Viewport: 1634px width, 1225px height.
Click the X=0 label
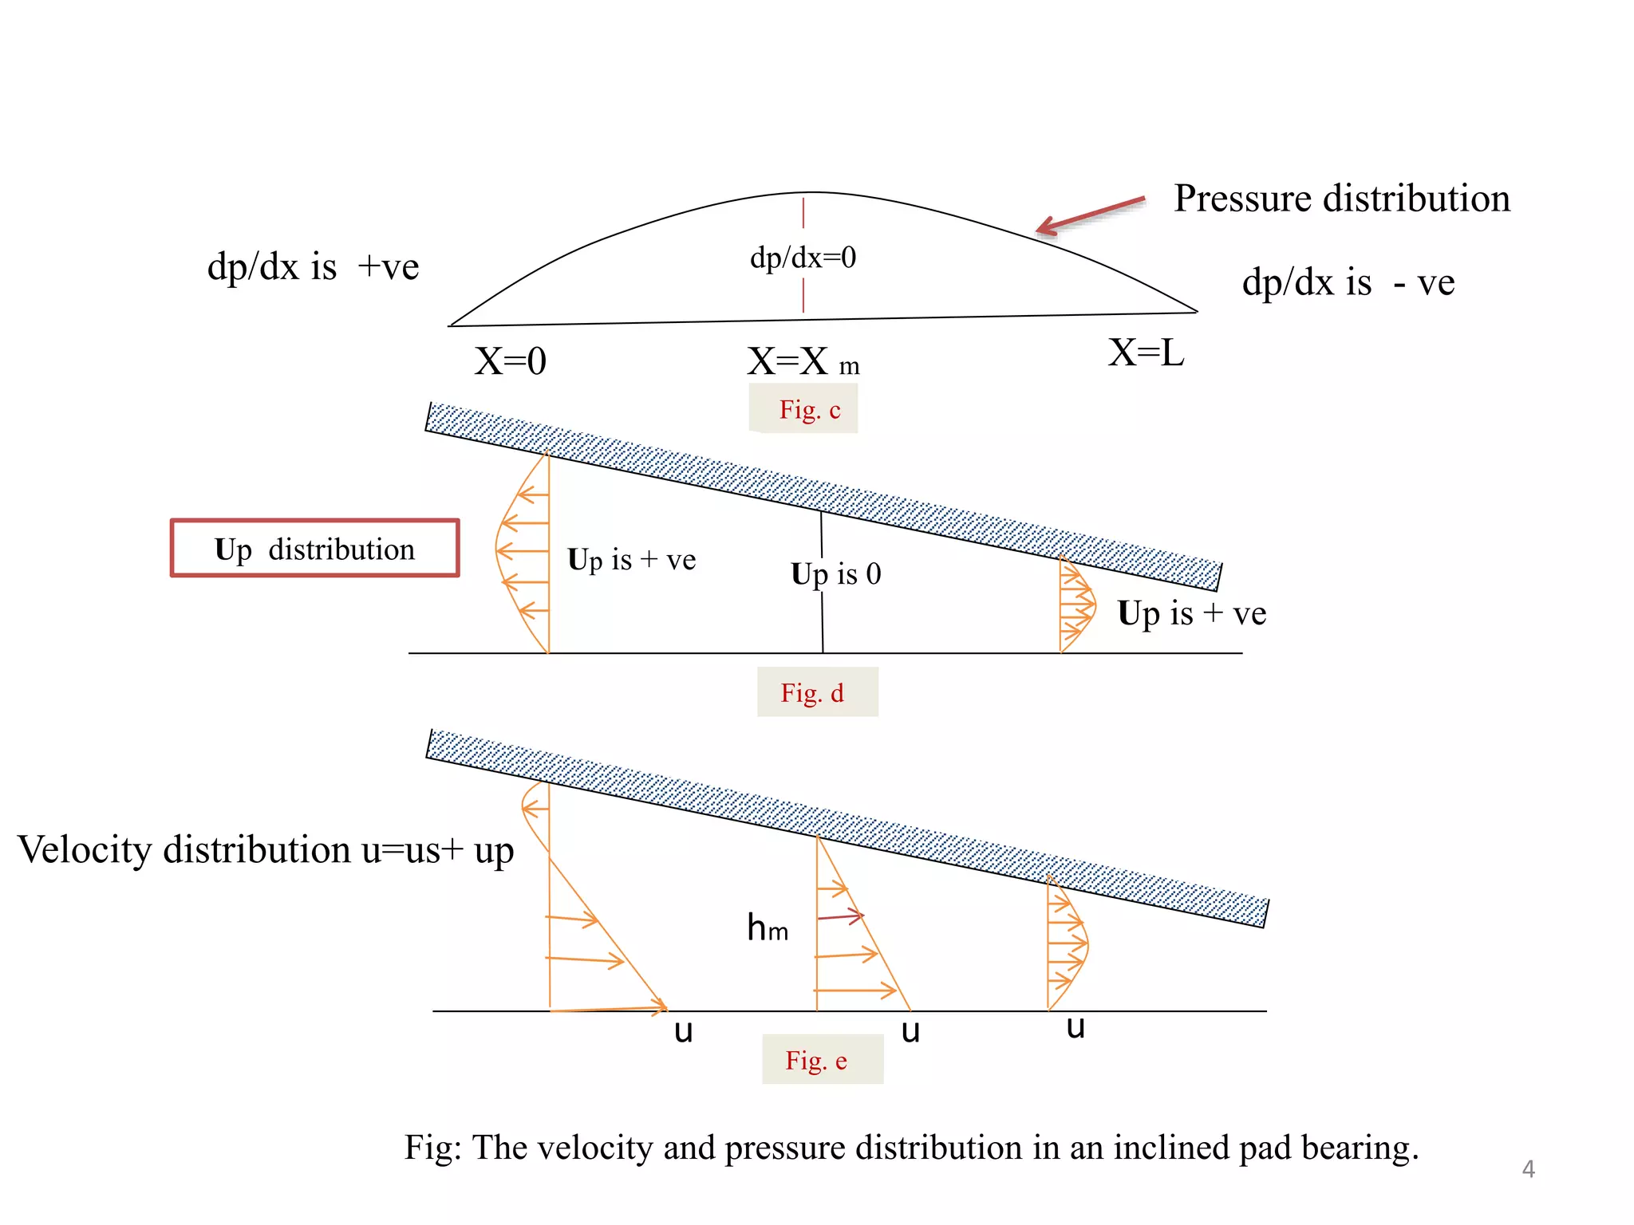(510, 361)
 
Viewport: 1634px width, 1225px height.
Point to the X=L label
(1146, 353)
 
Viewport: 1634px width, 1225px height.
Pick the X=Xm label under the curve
(802, 362)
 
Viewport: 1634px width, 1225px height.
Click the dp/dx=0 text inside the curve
(803, 258)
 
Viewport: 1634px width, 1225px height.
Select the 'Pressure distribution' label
(1342, 199)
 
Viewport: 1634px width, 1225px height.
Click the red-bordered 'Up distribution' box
(315, 549)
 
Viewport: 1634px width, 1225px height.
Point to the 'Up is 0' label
(835, 574)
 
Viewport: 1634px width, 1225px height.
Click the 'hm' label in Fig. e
(767, 928)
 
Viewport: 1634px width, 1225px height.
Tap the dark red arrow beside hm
(841, 916)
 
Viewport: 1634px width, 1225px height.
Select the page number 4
(1528, 1169)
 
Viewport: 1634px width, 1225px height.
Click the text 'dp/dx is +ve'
(313, 267)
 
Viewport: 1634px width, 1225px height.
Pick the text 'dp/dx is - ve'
(1348, 282)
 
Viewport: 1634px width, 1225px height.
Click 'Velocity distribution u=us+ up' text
(266, 850)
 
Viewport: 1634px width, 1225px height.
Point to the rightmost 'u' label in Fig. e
(1076, 1027)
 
